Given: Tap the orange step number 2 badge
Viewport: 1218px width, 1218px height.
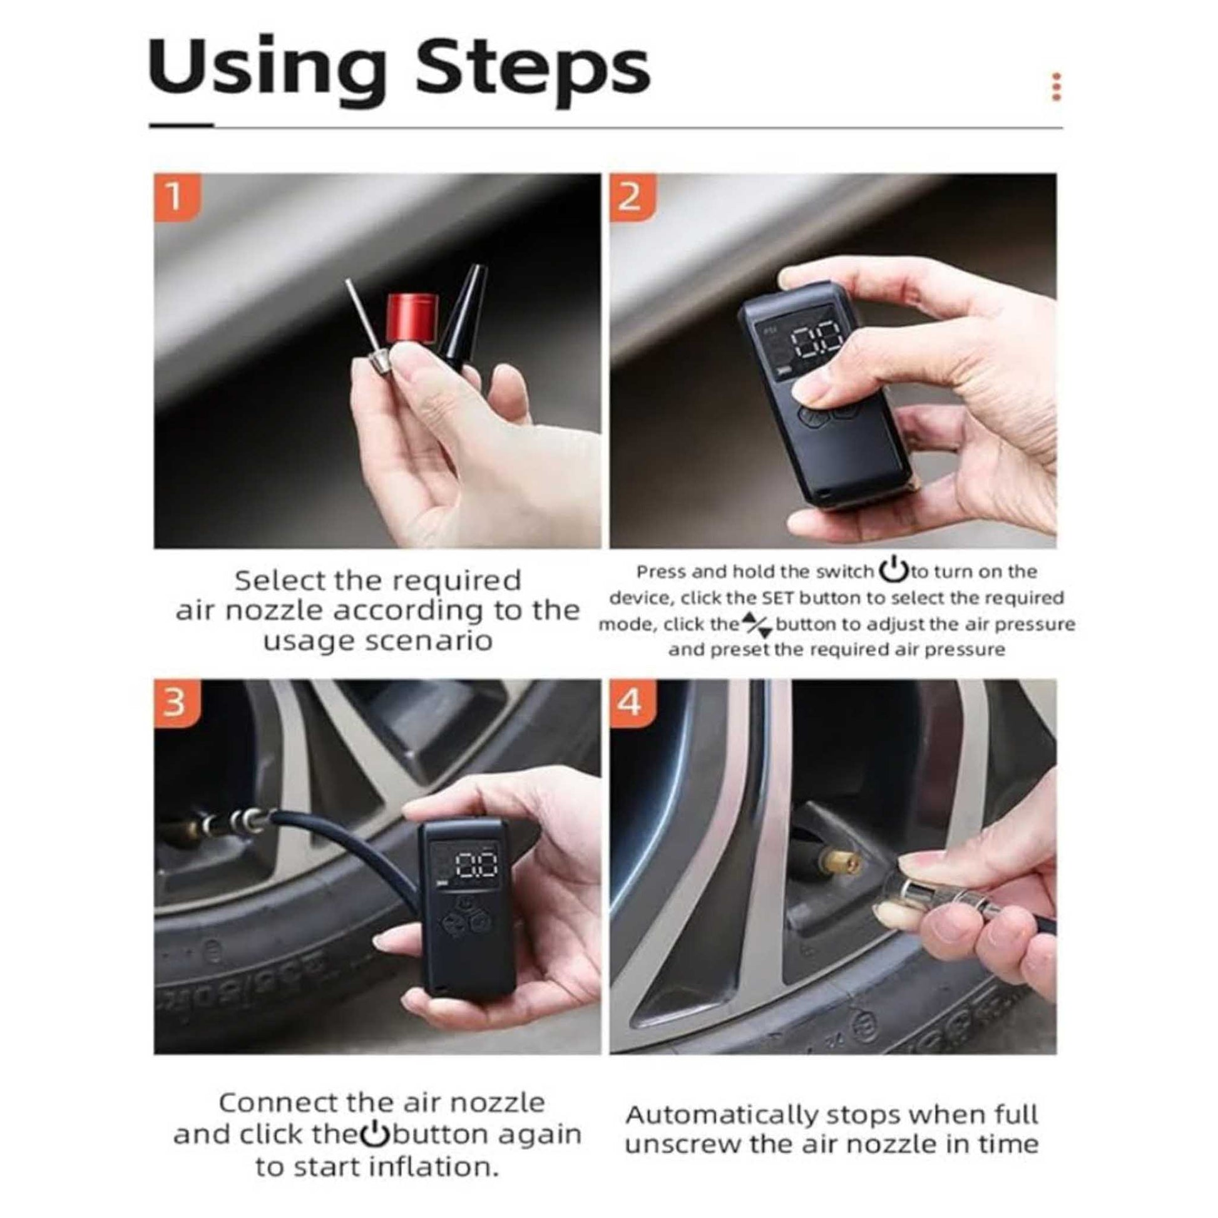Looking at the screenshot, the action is [632, 197].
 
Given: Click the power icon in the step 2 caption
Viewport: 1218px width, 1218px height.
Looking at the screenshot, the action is [893, 571].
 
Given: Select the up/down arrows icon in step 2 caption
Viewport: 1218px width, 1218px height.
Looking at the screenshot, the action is [756, 625].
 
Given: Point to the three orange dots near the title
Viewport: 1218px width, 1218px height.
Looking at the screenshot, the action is [1057, 87].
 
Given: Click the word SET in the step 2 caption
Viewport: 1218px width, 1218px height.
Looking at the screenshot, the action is [779, 597].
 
